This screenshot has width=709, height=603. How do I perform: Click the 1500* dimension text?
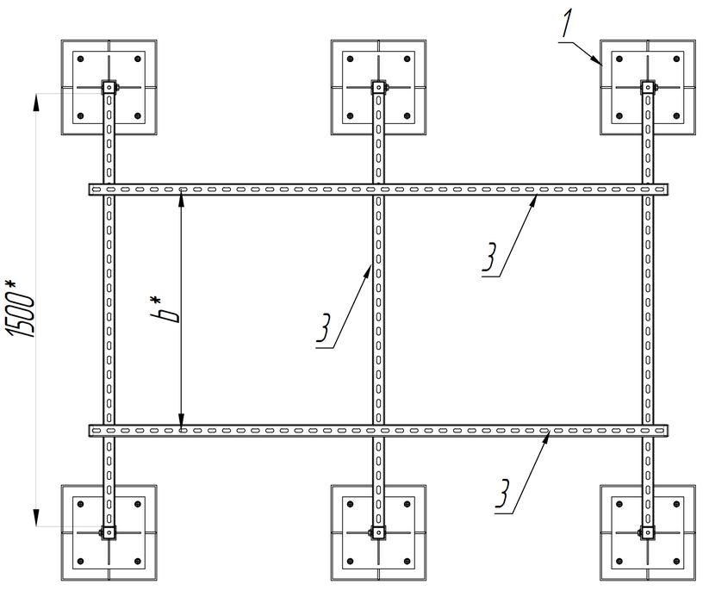tap(22, 308)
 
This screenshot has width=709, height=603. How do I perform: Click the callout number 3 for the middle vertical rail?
tap(325, 333)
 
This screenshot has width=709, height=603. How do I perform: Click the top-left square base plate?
tap(109, 86)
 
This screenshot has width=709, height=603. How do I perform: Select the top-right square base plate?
tap(647, 86)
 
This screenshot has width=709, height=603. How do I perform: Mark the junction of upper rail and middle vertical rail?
tap(377, 190)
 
